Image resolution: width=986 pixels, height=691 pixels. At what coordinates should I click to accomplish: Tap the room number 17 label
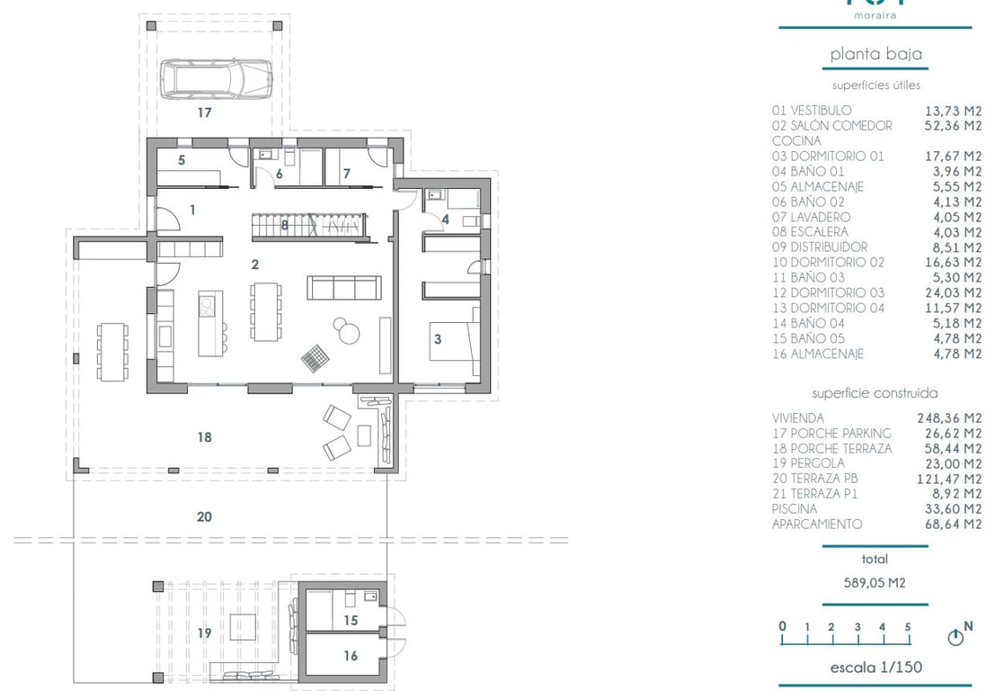[x=205, y=113]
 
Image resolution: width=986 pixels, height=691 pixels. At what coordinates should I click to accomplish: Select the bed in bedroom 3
[x=454, y=340]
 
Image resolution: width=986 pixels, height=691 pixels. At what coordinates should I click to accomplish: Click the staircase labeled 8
[x=306, y=225]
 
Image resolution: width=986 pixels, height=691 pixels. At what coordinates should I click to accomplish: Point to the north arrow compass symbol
[x=955, y=637]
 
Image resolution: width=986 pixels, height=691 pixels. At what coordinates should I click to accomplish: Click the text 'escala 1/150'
[x=875, y=668]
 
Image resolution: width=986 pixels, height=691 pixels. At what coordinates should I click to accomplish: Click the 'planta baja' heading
[x=875, y=55]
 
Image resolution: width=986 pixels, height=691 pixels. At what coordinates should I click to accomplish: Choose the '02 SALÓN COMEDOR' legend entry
[x=832, y=125]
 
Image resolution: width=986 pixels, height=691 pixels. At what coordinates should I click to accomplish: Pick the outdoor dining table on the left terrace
[x=112, y=351]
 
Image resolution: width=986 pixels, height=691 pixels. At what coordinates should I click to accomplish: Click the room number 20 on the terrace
[x=204, y=516]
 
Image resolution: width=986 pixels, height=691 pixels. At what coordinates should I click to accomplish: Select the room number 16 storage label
[x=351, y=656]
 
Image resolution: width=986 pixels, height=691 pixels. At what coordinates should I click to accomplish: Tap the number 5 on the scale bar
[x=908, y=627]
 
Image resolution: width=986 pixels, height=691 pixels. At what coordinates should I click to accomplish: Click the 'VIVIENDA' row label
[x=799, y=417]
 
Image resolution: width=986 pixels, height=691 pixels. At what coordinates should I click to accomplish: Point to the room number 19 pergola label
[x=204, y=633]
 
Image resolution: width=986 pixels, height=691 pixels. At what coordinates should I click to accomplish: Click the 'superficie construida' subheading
[x=875, y=393]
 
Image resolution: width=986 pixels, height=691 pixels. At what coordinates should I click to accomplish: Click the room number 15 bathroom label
[x=351, y=621]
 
